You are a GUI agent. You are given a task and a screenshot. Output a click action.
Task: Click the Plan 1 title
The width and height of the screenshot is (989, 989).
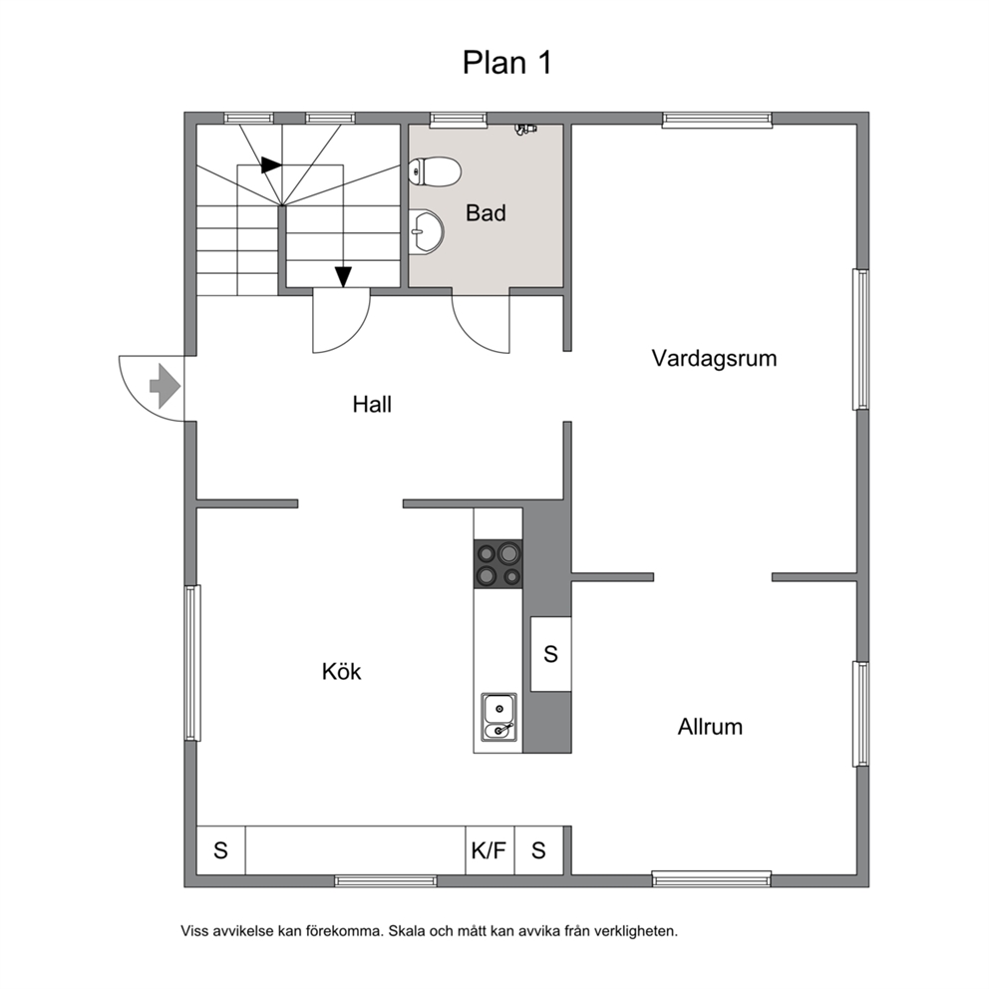(507, 63)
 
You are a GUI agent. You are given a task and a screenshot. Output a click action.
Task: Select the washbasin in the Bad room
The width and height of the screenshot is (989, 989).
(427, 231)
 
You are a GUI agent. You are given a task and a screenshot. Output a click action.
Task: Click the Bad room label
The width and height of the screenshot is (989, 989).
(486, 213)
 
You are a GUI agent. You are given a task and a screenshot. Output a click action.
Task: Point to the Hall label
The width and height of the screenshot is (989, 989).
(372, 405)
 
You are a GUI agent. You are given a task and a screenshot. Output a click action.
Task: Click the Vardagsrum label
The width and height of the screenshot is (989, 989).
(714, 358)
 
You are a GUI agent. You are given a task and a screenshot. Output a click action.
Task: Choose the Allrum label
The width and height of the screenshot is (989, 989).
(710, 727)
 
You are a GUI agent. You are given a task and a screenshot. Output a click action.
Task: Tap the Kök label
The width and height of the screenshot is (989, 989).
(341, 671)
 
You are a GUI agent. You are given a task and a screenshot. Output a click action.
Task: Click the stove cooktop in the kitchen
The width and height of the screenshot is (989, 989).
(498, 564)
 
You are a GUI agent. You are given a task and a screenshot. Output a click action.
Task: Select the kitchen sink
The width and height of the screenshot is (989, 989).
(499, 716)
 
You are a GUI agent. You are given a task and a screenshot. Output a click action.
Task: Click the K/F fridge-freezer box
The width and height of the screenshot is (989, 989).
(490, 850)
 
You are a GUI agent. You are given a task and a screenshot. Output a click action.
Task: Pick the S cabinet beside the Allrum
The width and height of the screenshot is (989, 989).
(550, 654)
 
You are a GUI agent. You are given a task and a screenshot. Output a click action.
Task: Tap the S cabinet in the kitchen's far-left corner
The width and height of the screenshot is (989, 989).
(220, 850)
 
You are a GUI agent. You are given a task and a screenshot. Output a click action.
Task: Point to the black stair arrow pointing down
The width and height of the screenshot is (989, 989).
(343, 277)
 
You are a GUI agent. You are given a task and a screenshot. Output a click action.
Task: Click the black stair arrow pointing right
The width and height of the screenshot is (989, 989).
(271, 165)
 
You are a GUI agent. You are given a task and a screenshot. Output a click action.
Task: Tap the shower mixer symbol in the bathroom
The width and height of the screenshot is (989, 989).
(524, 130)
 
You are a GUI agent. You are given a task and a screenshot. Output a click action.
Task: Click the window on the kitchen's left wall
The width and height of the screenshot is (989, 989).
(193, 663)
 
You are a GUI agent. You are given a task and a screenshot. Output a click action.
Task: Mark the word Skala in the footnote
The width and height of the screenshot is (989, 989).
(407, 931)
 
